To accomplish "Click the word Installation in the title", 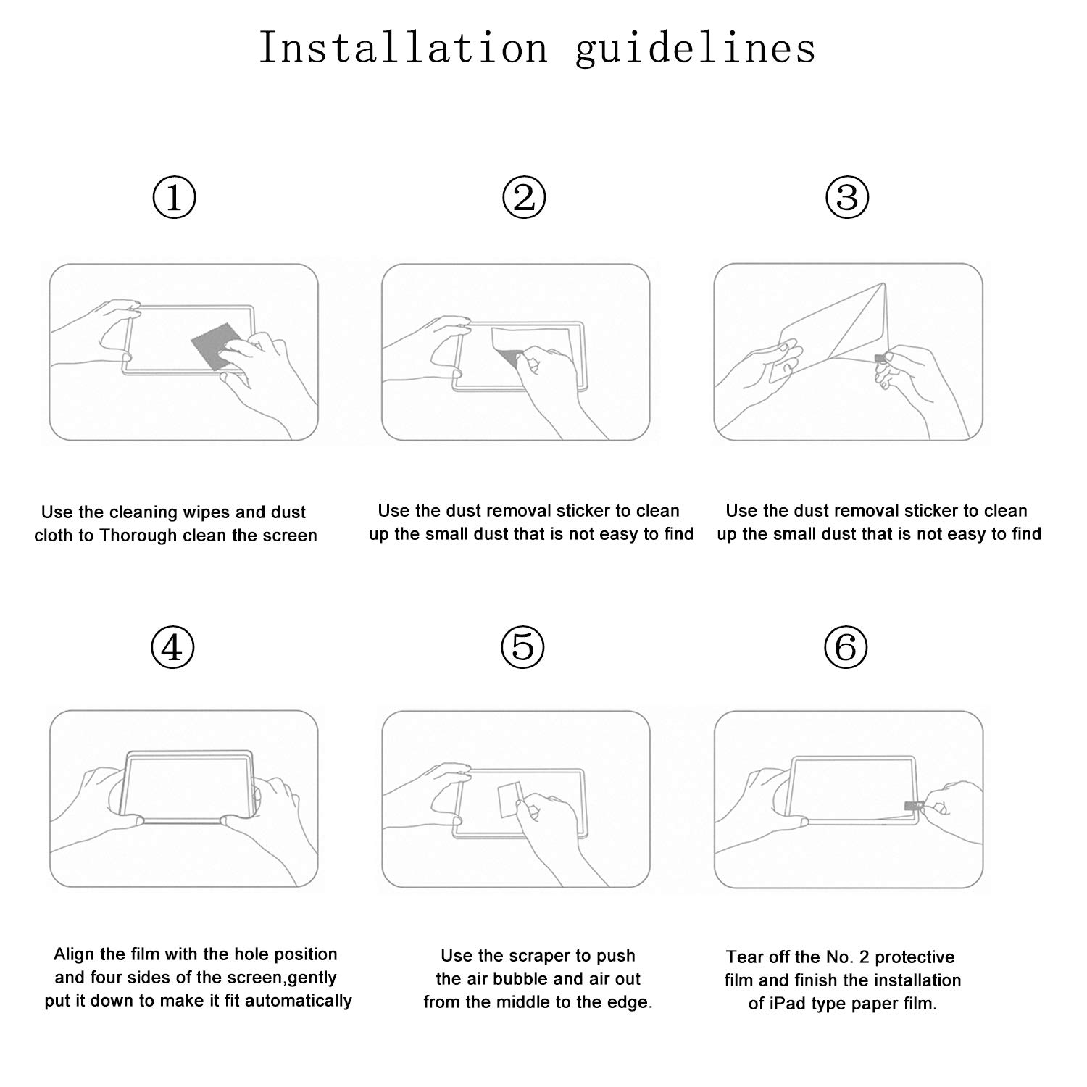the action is [403, 49].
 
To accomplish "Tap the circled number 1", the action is [174, 198].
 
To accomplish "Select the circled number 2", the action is [524, 198].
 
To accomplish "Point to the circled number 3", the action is [847, 198].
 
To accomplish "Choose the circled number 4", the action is [172, 647].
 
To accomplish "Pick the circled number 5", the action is [522, 647].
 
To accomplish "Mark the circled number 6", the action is [846, 647].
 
